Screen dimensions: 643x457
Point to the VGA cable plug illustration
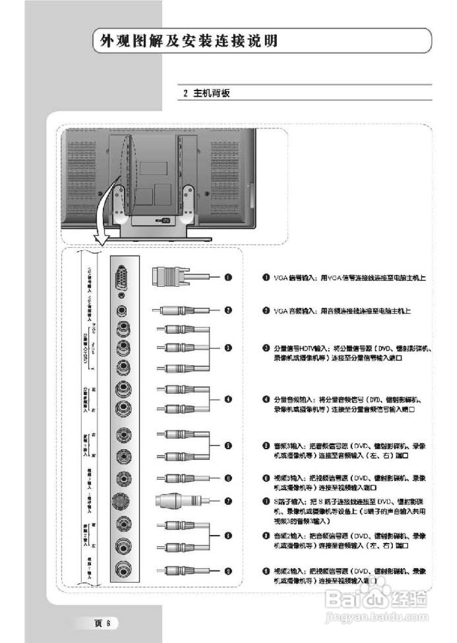click(171, 276)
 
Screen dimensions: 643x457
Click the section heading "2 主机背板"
click(206, 93)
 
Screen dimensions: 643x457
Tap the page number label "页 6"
click(104, 623)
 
